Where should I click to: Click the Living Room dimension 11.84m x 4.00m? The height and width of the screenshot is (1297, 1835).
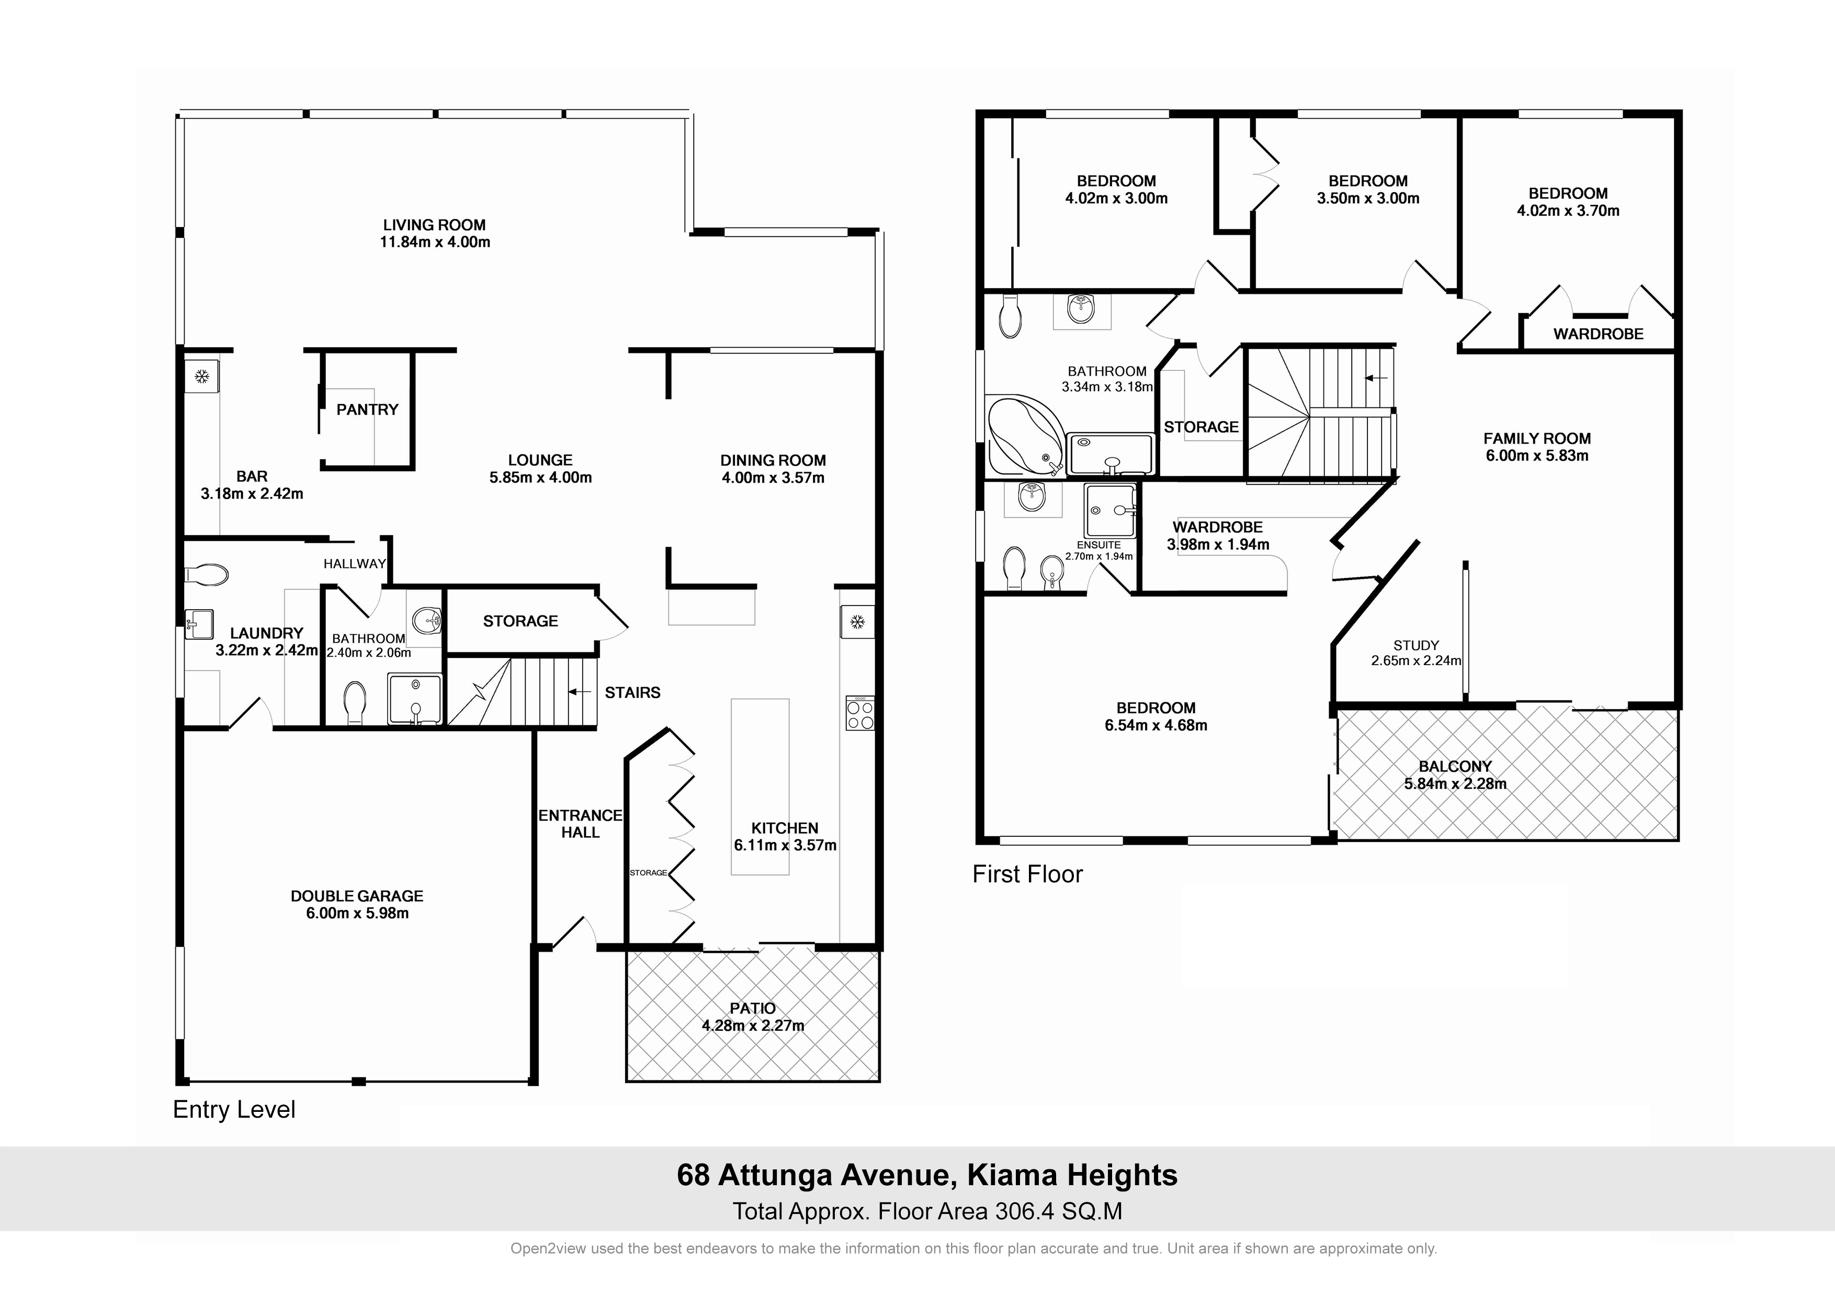pos(435,242)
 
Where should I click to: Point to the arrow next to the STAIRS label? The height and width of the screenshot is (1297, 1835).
pos(580,692)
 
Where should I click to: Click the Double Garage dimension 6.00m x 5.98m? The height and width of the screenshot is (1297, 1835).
pos(357,914)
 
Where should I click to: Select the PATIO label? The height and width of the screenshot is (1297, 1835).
pos(753,1008)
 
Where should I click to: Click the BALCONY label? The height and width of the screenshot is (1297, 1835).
pos(1455,766)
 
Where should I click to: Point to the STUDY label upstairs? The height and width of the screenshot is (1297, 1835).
pos(1416,645)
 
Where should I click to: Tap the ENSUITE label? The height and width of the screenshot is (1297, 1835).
pos(1099,545)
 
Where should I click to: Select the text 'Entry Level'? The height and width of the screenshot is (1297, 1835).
pos(234,1110)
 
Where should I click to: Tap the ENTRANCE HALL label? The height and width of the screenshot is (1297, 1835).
pos(580,824)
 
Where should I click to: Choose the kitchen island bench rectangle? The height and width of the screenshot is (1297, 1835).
pos(760,787)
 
